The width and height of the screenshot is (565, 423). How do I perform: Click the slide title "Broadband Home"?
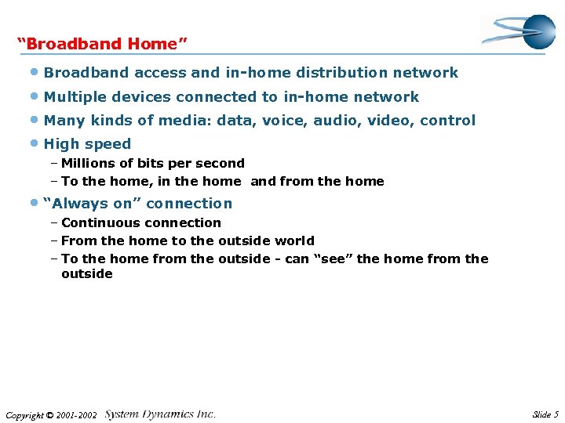point(102,44)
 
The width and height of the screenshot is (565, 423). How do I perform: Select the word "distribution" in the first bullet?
point(342,73)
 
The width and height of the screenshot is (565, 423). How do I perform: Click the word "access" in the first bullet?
point(160,73)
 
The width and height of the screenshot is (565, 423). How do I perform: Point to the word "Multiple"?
point(71,97)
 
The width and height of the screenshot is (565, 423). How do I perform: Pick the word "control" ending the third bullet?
point(448,121)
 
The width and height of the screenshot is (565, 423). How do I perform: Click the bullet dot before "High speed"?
point(35,144)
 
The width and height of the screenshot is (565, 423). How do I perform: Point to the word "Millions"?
point(87,164)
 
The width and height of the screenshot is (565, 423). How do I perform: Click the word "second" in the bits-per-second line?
point(223,164)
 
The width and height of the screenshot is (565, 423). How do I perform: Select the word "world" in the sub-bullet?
point(294,241)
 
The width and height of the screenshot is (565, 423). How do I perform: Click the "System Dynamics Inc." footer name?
point(160,414)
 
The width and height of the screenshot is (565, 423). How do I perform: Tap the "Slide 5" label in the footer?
point(545,414)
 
